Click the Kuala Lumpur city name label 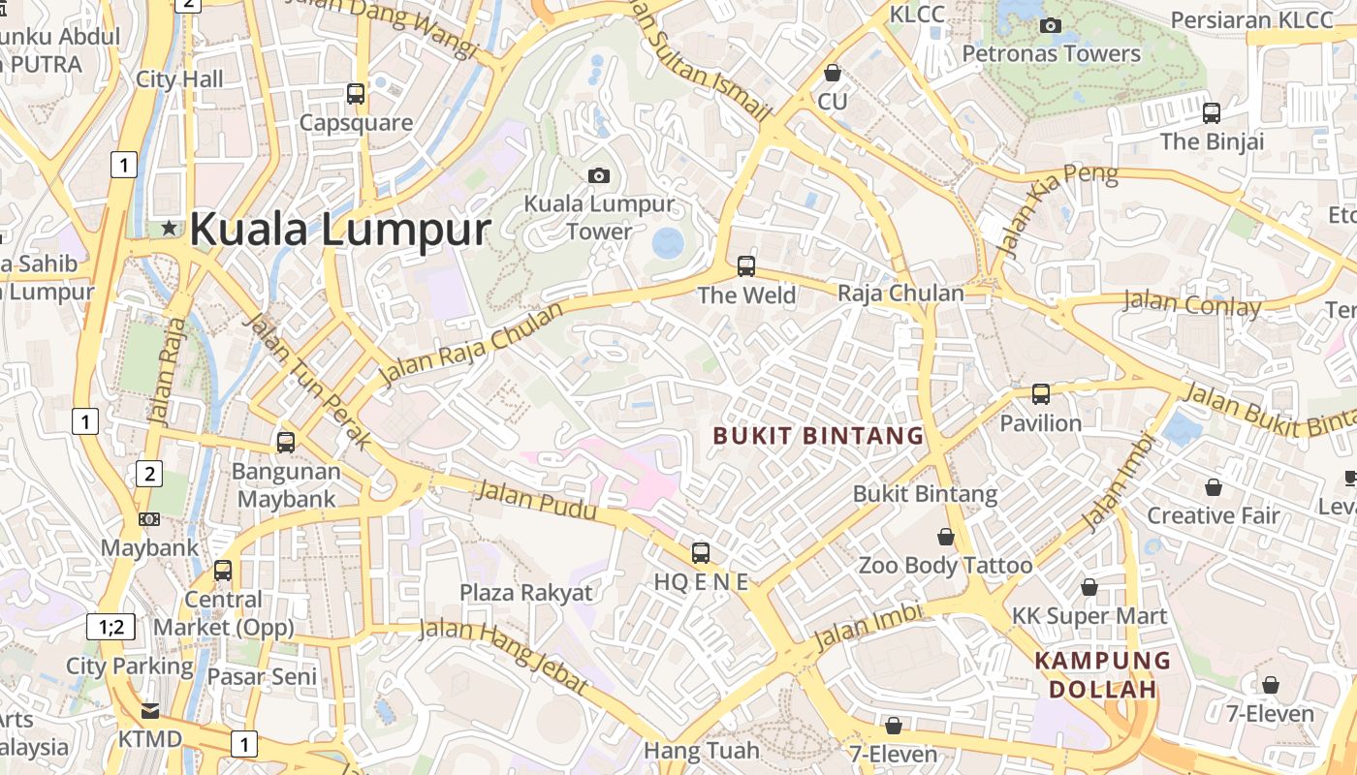click(x=340, y=230)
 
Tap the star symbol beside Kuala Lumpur click(x=170, y=229)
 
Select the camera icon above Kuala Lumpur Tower click(x=599, y=175)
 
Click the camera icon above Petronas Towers click(x=1050, y=25)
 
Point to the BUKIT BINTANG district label click(x=818, y=436)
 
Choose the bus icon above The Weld click(x=745, y=265)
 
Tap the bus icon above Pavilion click(x=1040, y=394)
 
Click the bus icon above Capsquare click(x=356, y=94)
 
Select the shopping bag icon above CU click(x=832, y=73)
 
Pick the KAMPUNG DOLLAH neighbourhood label click(x=1103, y=675)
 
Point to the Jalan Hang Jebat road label click(x=503, y=657)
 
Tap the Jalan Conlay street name click(x=1191, y=304)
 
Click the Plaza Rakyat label click(x=525, y=592)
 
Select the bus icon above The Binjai click(x=1212, y=113)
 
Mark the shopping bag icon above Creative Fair click(x=1213, y=486)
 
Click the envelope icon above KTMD click(x=149, y=710)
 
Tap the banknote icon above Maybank click(x=149, y=519)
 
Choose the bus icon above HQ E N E click(x=700, y=553)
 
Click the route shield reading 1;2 click(x=111, y=626)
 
